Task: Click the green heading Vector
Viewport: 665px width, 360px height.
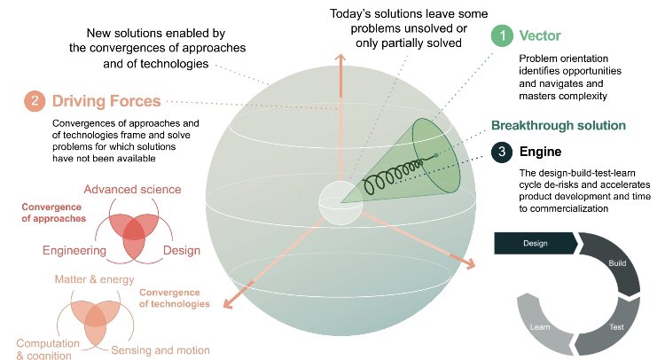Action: tap(541, 36)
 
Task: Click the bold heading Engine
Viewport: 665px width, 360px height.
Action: tap(540, 152)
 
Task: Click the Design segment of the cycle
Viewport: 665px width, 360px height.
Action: tap(535, 242)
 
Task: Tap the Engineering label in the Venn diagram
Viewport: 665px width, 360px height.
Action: tap(74, 251)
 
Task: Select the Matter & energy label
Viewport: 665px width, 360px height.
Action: tap(94, 279)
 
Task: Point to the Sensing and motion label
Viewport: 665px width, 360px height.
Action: tap(160, 349)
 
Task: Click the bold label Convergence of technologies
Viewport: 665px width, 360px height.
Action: tap(174, 297)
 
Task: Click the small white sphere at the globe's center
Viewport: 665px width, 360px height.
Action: tap(339, 201)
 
